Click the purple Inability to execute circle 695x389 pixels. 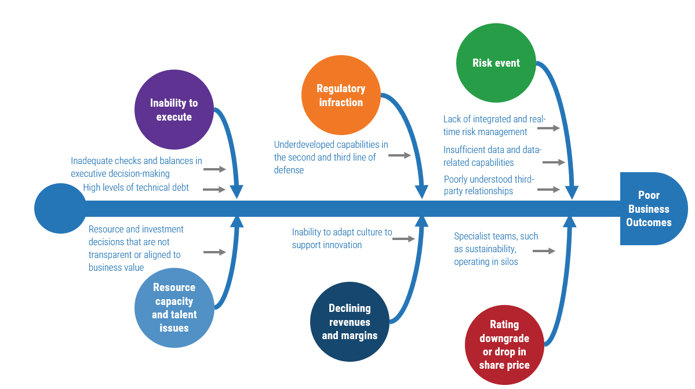click(x=174, y=110)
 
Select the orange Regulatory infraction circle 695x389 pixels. click(x=341, y=96)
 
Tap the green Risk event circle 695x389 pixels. click(x=496, y=63)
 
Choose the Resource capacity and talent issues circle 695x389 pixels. click(x=174, y=308)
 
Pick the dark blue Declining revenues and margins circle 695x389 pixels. click(x=350, y=322)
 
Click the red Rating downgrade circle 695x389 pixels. click(x=504, y=345)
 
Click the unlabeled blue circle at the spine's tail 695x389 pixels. click(x=59, y=209)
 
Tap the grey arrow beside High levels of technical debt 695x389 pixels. click(x=214, y=190)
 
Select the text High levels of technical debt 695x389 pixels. click(x=136, y=187)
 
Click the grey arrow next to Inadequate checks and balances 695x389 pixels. click(x=214, y=169)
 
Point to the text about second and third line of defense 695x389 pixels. click(x=331, y=157)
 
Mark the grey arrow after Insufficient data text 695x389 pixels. click(x=554, y=163)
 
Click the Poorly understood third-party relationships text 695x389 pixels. click(x=489, y=185)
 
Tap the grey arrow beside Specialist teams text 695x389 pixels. click(x=544, y=251)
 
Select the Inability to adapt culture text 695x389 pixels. click(x=341, y=238)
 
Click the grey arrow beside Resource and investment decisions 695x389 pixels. click(x=214, y=252)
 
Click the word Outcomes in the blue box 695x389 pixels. click(x=649, y=222)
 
